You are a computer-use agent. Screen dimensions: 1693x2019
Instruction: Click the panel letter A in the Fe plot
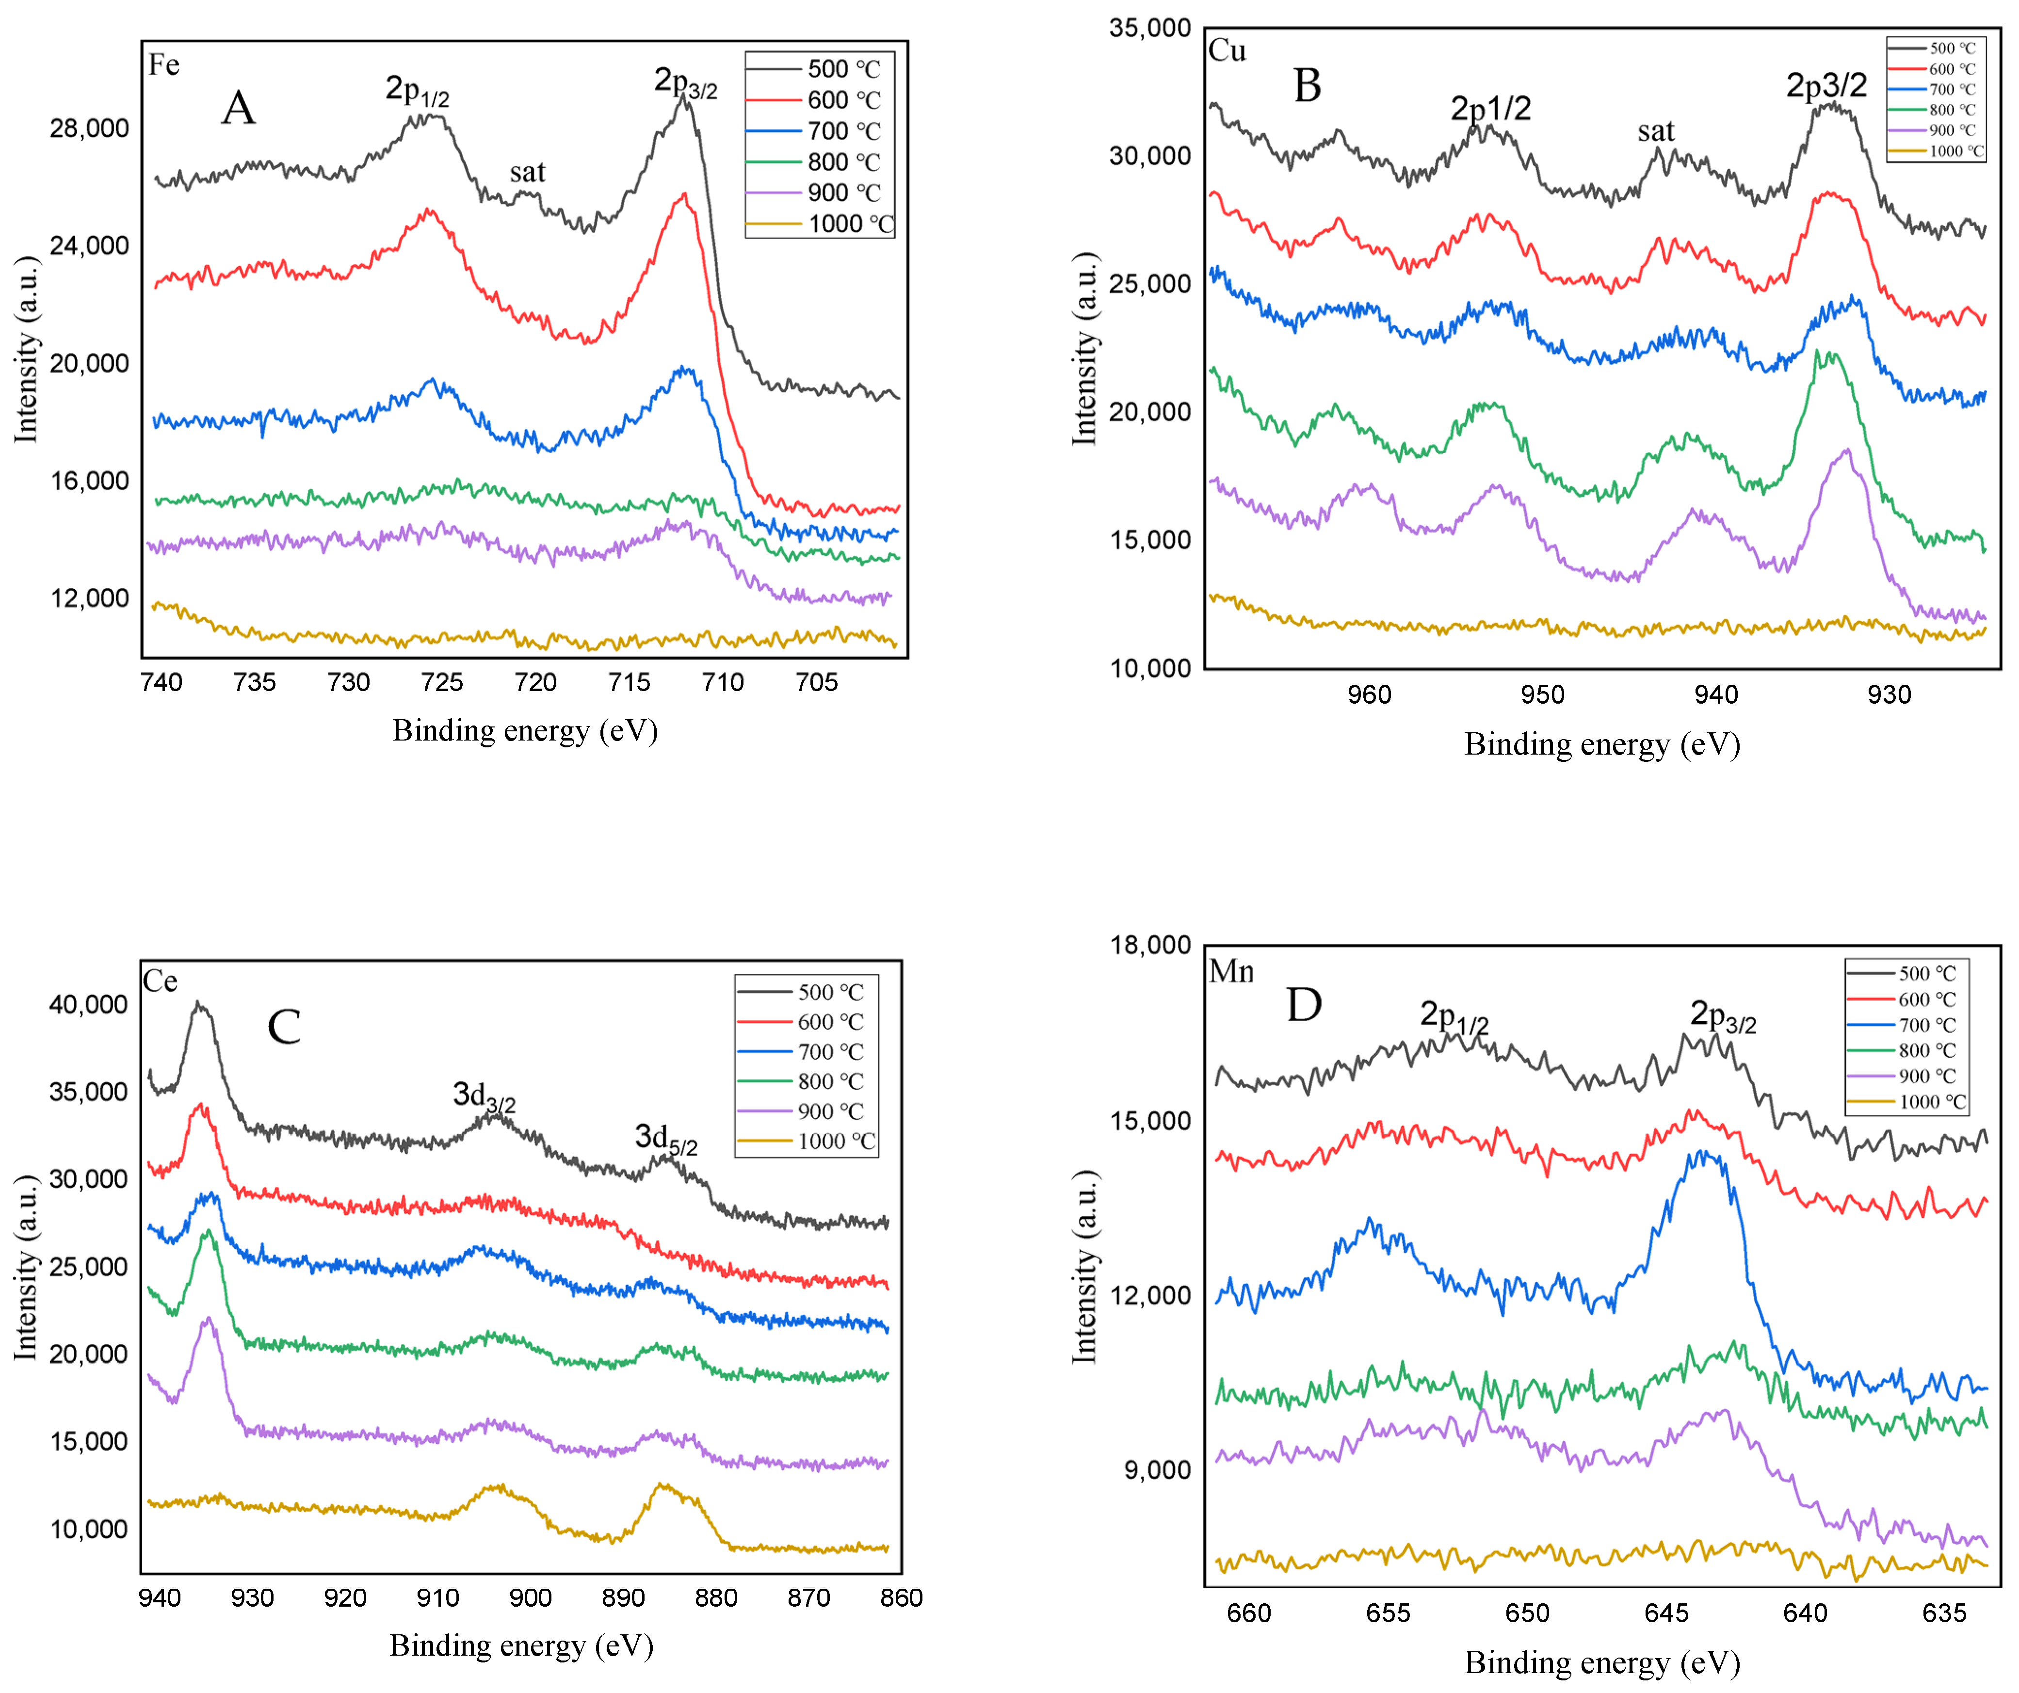(239, 108)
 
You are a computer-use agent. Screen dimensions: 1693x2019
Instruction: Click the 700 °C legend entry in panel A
(842, 131)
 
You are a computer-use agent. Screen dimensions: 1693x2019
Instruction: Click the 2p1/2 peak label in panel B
(1490, 109)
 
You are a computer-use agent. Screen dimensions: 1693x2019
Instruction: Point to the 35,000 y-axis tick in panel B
(1150, 28)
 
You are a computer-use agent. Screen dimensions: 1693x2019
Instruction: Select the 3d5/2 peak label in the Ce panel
(665, 1139)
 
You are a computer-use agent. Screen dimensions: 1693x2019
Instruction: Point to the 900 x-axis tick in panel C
(530, 1598)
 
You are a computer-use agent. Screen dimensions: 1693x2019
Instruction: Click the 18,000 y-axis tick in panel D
(1150, 945)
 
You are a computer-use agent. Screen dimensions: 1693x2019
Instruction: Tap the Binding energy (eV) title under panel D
(1602, 1662)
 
